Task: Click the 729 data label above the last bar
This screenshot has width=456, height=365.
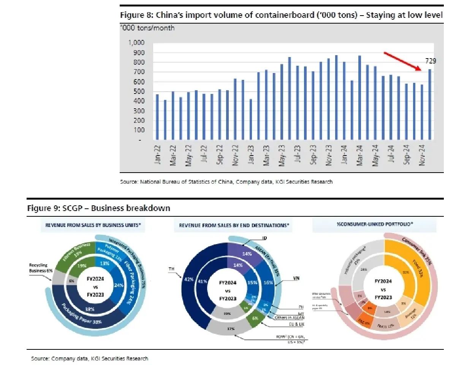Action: tap(430, 61)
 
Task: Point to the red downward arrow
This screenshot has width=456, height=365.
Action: tap(403, 62)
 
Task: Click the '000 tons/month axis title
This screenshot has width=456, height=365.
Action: tap(147, 28)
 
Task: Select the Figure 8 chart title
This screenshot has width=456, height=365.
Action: tap(281, 16)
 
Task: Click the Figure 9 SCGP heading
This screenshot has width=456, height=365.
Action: tap(99, 208)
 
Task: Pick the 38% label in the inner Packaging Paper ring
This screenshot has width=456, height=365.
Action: tap(90, 309)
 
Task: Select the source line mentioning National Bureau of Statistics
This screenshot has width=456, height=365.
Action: tap(226, 182)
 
